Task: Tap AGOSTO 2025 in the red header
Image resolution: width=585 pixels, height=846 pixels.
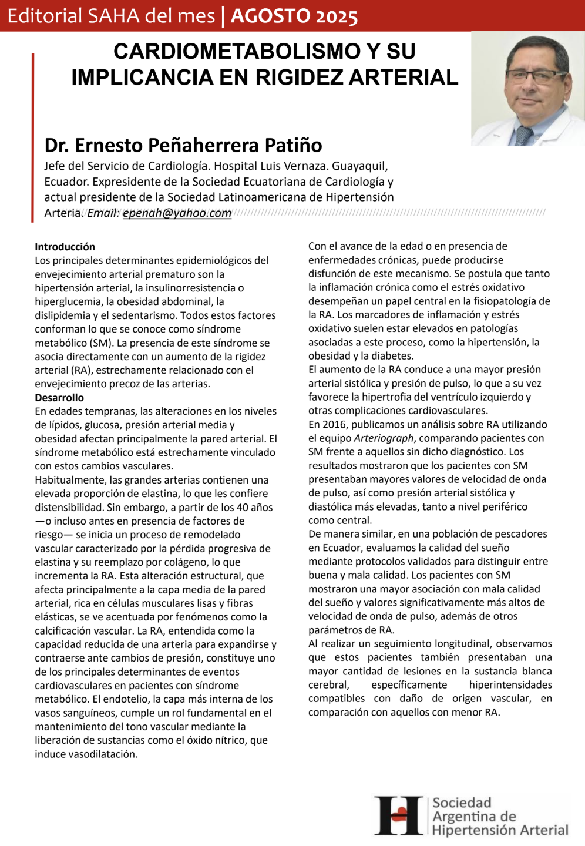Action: click(x=294, y=16)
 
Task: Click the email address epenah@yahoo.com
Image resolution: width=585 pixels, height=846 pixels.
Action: click(x=177, y=213)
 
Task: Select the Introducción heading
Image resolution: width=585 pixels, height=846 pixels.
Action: click(x=65, y=247)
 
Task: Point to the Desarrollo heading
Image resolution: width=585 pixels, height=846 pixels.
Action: click(x=59, y=398)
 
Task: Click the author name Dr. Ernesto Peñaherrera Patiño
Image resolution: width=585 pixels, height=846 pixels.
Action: click(x=183, y=145)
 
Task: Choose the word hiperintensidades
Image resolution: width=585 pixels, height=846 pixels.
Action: click(x=510, y=685)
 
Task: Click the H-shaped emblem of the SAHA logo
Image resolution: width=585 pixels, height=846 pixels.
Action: click(x=399, y=816)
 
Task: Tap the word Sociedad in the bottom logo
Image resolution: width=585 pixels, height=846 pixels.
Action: click(x=462, y=803)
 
